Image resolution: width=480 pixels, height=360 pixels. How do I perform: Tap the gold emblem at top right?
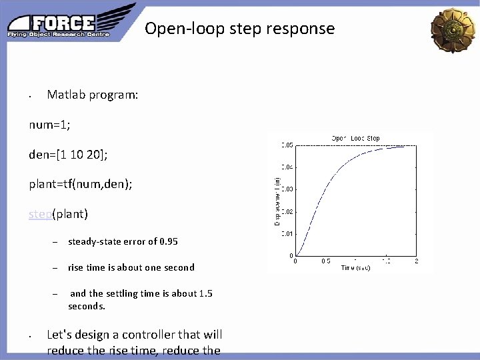(x=453, y=29)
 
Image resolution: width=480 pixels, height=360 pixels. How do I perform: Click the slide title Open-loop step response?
(x=239, y=29)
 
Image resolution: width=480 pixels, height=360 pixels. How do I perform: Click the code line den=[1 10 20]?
(x=68, y=155)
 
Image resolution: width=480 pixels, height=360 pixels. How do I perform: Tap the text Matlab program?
(x=93, y=95)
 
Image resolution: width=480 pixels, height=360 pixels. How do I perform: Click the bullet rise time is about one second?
(x=131, y=267)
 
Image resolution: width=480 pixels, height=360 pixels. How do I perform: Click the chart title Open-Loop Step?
(x=356, y=138)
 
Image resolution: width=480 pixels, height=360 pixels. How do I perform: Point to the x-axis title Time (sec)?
(x=355, y=267)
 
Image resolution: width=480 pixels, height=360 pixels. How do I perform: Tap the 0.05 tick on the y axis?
(x=286, y=145)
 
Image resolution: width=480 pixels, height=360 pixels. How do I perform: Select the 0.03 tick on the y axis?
(x=286, y=189)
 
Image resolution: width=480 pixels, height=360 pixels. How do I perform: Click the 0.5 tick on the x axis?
(x=326, y=261)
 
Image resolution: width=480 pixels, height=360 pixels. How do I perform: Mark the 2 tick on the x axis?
(x=417, y=261)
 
